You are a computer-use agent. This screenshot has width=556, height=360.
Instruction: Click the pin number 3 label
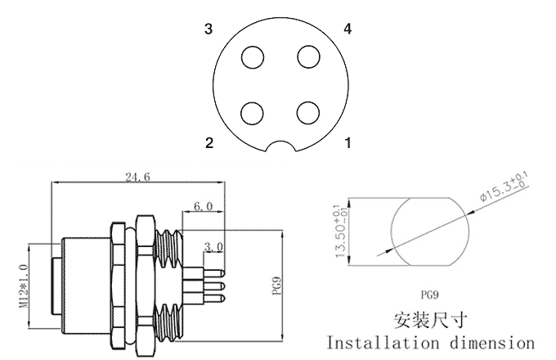(x=209, y=30)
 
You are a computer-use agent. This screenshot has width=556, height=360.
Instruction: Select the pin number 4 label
(x=348, y=30)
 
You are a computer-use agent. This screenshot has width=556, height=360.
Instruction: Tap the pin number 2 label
(x=209, y=143)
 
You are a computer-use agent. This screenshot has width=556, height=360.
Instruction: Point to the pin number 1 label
(x=348, y=143)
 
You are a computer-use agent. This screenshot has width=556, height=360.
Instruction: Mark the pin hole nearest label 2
(x=254, y=110)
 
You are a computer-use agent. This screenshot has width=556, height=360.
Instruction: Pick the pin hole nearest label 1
(x=308, y=110)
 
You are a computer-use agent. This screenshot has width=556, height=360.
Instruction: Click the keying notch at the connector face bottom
(x=281, y=148)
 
